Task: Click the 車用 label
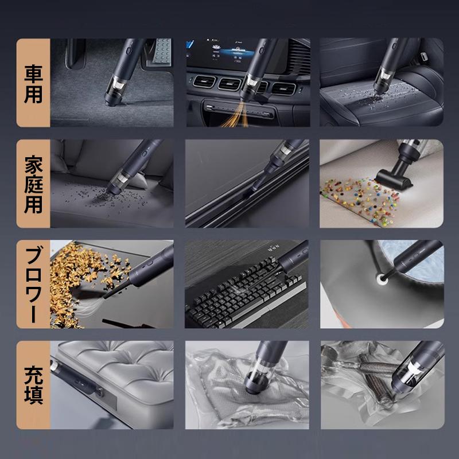tap(33, 84)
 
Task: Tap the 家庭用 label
tap(33, 184)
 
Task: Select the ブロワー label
tap(33, 284)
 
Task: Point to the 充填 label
tap(33, 384)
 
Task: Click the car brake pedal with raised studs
tap(162, 51)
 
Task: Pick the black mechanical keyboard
tap(244, 294)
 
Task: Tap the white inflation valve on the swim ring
tap(382, 278)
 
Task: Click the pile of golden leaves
tap(80, 281)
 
